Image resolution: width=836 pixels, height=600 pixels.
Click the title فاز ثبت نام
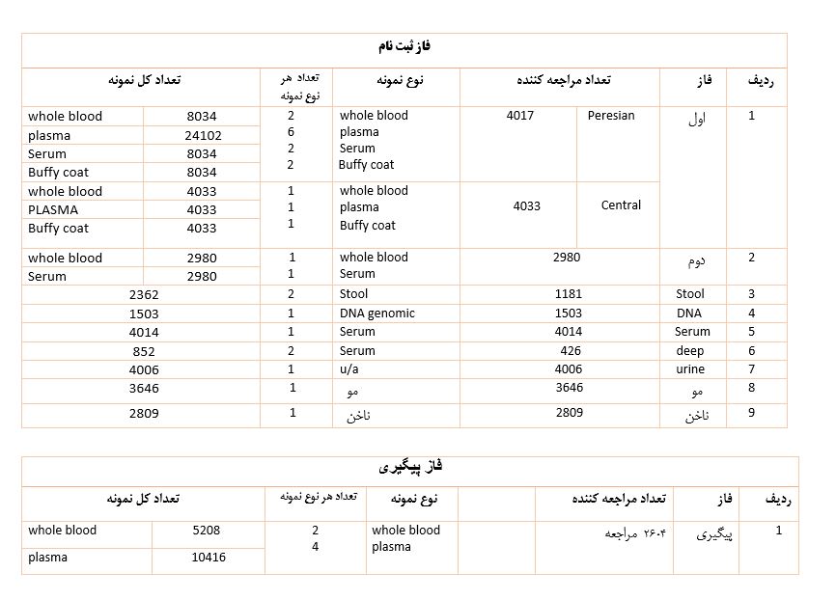coord(404,46)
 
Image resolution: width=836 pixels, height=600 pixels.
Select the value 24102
coord(203,136)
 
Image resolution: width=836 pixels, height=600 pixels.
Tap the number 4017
coord(519,116)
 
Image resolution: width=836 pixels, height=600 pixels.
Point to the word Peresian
coord(611,116)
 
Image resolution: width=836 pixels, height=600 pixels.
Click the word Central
coord(621,205)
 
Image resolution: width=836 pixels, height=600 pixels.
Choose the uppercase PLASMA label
coord(53,210)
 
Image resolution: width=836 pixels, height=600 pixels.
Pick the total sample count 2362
coord(144,295)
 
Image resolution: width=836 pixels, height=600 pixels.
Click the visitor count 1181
coord(569,294)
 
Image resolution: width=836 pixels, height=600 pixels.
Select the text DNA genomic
coord(377,314)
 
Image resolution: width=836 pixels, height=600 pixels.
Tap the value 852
coord(144,351)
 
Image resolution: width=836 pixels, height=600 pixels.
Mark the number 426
coord(571,351)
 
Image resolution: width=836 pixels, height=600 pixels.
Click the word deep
coord(690,351)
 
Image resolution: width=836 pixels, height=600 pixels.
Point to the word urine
coord(690,369)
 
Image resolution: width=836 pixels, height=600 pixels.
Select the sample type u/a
coord(349,369)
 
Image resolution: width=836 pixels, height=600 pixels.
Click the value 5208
coord(207,531)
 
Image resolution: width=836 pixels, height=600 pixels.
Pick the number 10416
coord(209,558)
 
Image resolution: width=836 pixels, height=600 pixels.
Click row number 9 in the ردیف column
coord(752,413)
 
